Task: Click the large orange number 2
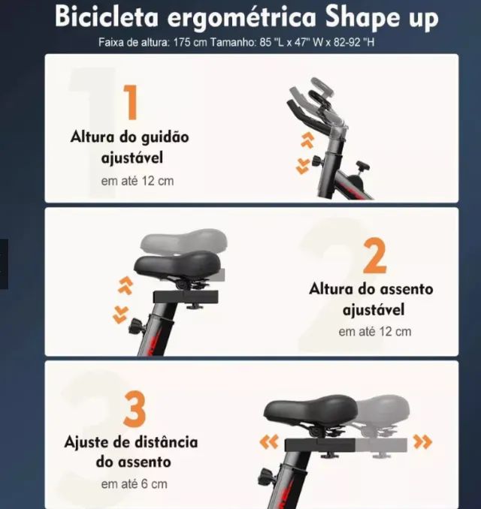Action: [x=374, y=256]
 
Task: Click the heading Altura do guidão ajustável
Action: [x=130, y=148]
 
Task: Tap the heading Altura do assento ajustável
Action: [x=371, y=299]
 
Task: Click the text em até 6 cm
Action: [x=134, y=484]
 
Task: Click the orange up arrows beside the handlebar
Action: [x=306, y=139]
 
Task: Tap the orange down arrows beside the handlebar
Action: [x=303, y=166]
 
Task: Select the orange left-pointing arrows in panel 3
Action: [x=268, y=442]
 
